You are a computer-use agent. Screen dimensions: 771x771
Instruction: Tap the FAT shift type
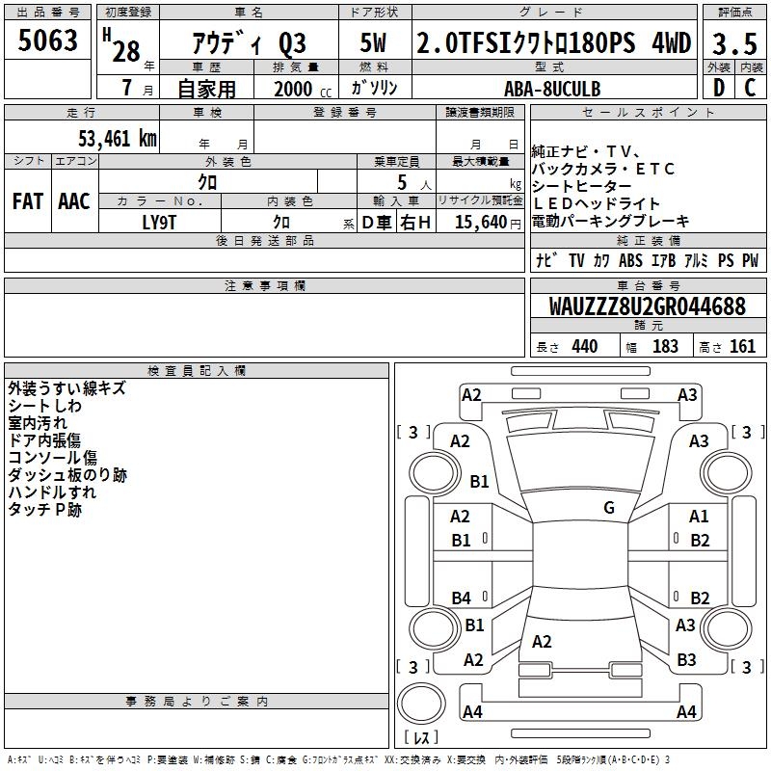(x=27, y=201)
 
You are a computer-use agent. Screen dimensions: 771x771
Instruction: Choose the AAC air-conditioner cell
(x=74, y=201)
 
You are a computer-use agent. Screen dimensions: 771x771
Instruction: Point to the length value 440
(x=584, y=347)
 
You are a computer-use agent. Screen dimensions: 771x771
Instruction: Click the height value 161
(x=742, y=347)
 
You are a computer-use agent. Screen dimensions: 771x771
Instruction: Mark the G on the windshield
(x=608, y=508)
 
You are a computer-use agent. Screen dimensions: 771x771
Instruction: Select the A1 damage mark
(x=699, y=518)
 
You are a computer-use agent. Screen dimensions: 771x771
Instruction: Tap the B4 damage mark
(x=462, y=598)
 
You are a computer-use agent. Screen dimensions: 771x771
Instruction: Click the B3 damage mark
(x=686, y=660)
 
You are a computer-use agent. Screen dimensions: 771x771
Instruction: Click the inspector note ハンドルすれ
(x=52, y=492)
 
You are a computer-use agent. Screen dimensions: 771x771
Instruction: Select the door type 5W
(x=373, y=43)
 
